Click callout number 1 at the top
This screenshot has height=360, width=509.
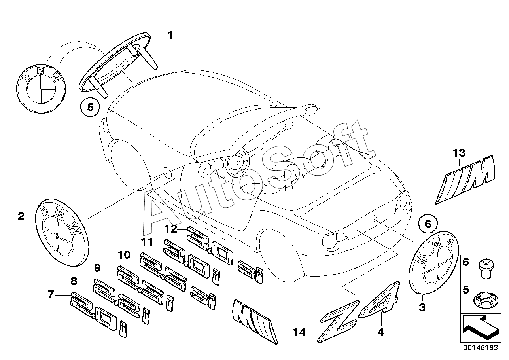[170, 35]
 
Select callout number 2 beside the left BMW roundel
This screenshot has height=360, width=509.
[21, 216]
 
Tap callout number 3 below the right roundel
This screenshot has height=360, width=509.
[422, 307]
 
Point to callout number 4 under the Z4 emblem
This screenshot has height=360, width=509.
[380, 332]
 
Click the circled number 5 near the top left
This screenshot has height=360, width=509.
[90, 107]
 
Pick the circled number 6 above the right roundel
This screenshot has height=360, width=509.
[428, 224]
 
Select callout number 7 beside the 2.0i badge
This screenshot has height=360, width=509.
[51, 294]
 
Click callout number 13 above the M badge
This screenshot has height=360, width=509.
[459, 153]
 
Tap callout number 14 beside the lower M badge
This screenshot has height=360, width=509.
[299, 332]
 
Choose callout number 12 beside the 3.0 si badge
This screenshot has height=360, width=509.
[171, 229]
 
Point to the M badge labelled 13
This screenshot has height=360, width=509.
[465, 180]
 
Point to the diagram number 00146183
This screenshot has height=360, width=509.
[481, 348]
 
